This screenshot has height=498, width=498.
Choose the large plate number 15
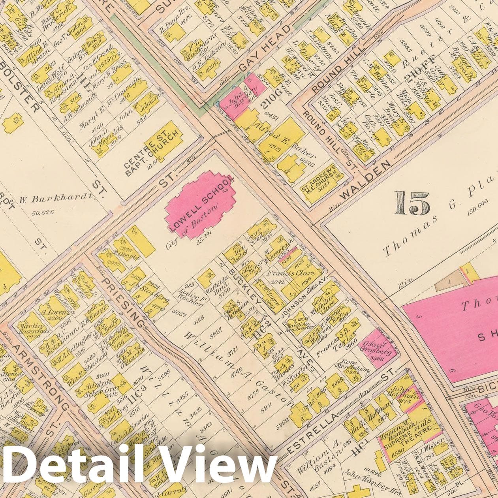coord(412,203)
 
